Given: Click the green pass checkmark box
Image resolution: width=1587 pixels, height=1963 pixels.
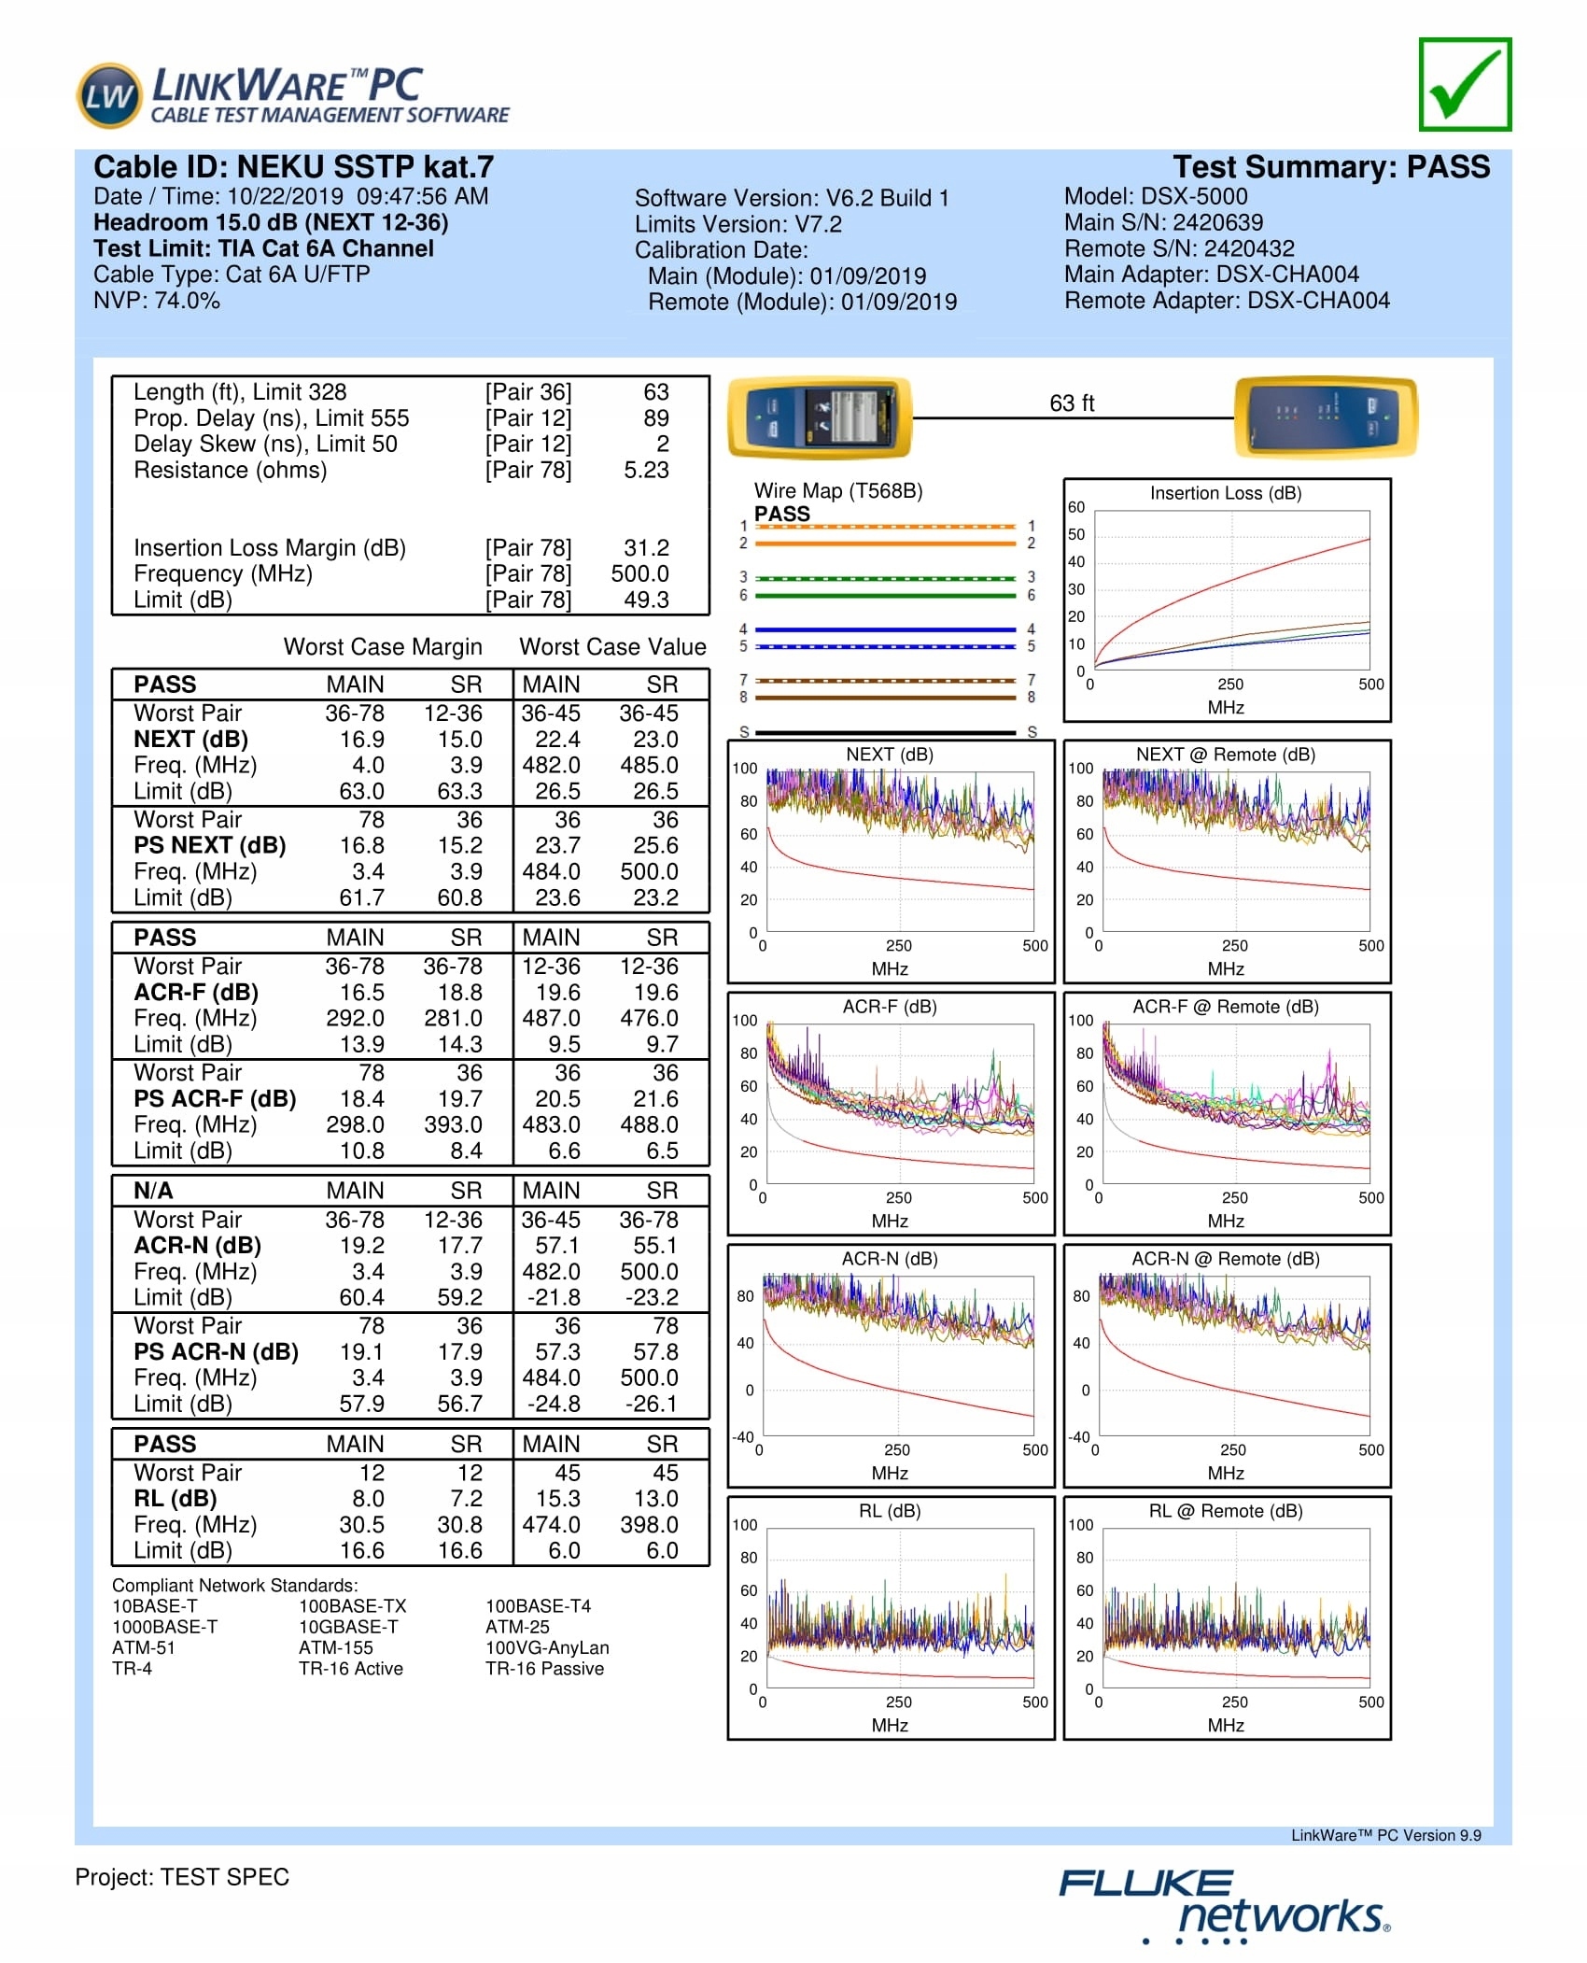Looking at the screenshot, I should [1464, 85].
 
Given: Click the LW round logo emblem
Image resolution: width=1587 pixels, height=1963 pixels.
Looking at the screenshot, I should [109, 96].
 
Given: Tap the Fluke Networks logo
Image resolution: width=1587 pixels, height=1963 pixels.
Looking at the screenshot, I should [1223, 1905].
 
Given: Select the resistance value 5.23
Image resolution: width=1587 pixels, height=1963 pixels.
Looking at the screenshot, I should [646, 470].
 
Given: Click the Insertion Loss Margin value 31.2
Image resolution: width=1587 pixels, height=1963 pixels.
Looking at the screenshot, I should [646, 548].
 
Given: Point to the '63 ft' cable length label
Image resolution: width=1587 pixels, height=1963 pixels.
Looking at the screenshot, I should [1071, 403].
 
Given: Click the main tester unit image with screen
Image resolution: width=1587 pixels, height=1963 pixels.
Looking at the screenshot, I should [820, 417].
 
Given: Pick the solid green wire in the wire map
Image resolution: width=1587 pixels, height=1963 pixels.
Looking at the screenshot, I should [885, 596].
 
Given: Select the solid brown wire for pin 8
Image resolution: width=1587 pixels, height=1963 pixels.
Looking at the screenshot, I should [885, 698].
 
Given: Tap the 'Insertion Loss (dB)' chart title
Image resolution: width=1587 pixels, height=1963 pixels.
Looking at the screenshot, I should [1225, 493].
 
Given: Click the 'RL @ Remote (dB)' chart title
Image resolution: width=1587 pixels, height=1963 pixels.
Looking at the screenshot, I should [1225, 1511].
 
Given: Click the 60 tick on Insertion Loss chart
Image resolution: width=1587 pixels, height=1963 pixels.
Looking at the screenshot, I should [1076, 507].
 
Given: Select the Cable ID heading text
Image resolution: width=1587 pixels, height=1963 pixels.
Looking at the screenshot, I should [293, 167].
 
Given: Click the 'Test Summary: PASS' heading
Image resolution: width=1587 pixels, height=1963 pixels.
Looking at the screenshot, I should [1331, 167].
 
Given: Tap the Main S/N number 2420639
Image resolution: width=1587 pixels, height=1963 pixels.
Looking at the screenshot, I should [1217, 222].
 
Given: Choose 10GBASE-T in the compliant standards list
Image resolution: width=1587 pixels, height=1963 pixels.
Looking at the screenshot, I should [348, 1627].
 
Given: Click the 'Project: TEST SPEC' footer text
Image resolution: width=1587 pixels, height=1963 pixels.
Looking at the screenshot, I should [182, 1877].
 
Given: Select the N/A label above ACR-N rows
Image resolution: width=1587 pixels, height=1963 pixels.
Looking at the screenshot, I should [153, 1191].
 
